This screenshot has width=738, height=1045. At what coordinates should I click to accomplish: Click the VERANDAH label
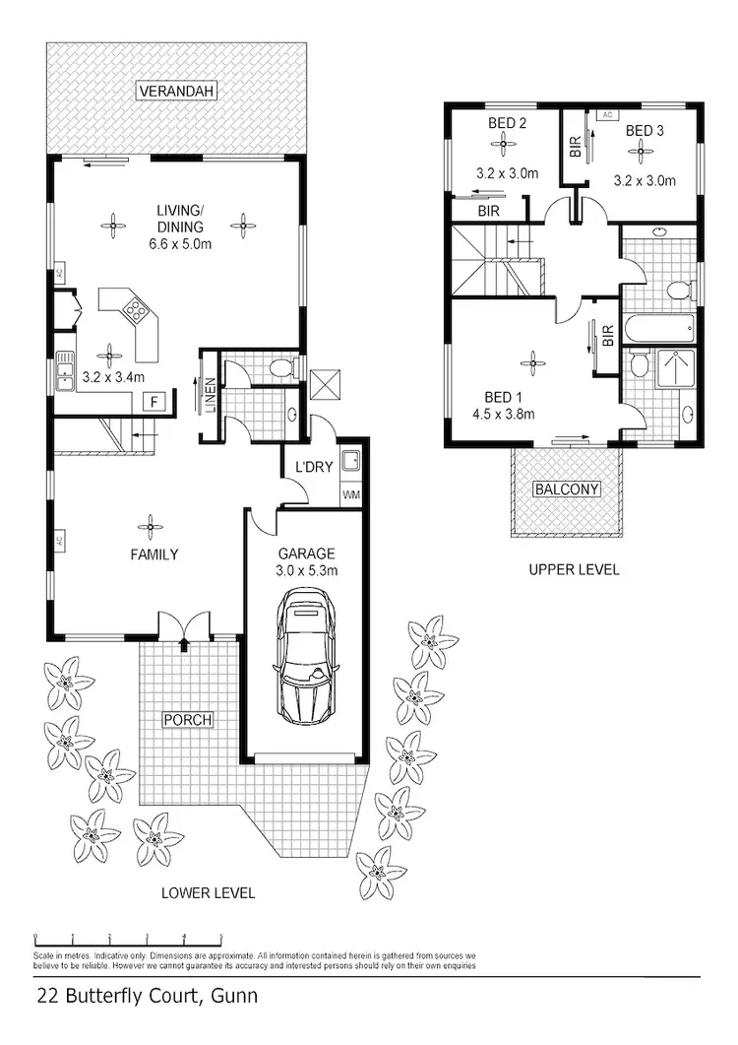[x=176, y=92]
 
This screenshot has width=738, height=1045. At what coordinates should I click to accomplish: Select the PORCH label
[x=187, y=720]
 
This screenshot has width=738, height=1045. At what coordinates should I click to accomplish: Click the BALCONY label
[x=566, y=489]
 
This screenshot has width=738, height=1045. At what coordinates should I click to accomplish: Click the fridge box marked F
[x=153, y=401]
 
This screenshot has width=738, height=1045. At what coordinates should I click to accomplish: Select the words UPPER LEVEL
[x=573, y=569]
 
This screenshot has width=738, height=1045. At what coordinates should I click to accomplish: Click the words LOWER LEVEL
[x=208, y=893]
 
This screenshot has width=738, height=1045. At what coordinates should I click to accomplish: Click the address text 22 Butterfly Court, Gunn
[x=147, y=996]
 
